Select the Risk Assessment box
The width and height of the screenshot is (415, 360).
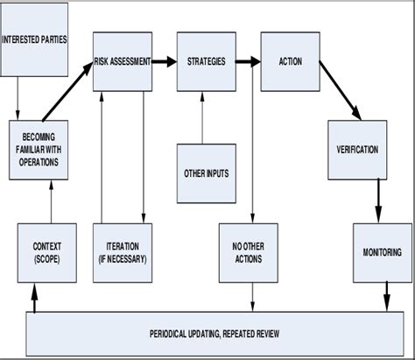(123, 62)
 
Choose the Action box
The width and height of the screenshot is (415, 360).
(290, 62)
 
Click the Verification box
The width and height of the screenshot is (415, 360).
(357, 149)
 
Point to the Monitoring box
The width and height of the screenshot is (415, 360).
(382, 251)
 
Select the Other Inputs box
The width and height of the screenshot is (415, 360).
(207, 173)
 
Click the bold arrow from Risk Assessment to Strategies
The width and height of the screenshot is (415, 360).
(165, 61)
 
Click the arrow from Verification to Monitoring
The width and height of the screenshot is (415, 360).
(379, 200)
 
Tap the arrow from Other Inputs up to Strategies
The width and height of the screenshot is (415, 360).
(203, 117)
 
